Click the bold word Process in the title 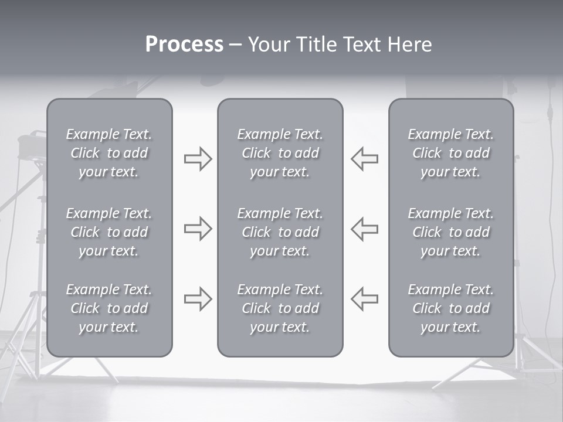(x=184, y=45)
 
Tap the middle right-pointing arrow (x=198, y=229)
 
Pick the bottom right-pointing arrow (x=198, y=298)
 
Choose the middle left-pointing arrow (x=364, y=229)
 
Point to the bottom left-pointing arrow (x=364, y=298)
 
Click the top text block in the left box (x=109, y=153)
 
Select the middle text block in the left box (x=109, y=232)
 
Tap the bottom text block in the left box (x=109, y=308)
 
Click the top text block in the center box (x=280, y=153)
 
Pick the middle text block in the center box (x=280, y=232)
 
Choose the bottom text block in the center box (x=280, y=308)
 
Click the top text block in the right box (x=451, y=153)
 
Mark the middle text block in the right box (x=451, y=232)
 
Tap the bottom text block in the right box (x=451, y=308)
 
